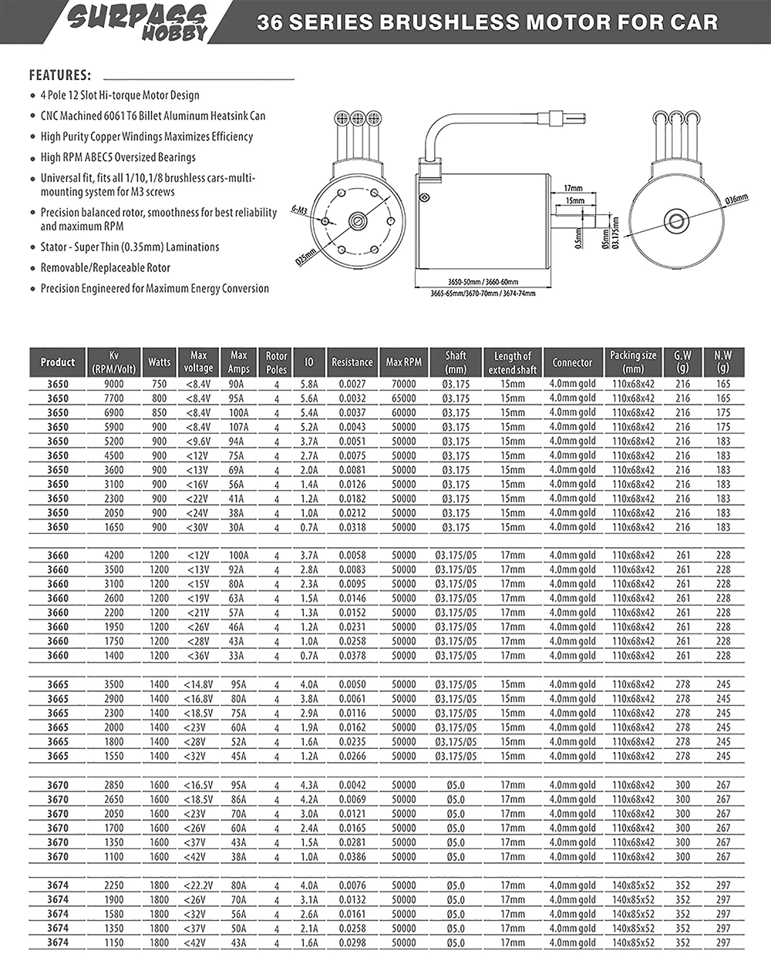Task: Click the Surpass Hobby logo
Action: coord(139,22)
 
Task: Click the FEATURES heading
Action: coord(60,76)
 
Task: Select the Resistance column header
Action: coord(352,362)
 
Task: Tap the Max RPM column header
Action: coord(404,362)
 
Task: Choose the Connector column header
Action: coord(572,362)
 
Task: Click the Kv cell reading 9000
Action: coord(113,384)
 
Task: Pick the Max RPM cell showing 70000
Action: coord(404,384)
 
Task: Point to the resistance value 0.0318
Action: coord(352,527)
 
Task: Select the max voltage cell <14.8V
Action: coord(198,684)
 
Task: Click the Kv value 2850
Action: coord(113,785)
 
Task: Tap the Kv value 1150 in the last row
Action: coord(113,942)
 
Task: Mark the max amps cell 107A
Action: coord(239,427)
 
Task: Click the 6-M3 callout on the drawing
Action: coord(300,209)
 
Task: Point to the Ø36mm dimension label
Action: coord(736,200)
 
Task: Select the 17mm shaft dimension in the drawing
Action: coord(573,188)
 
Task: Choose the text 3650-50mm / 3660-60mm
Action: coord(483,282)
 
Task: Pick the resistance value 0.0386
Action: coord(352,857)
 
